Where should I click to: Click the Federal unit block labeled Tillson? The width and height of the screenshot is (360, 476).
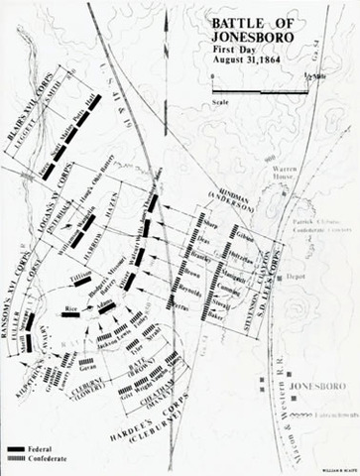coord(81,281)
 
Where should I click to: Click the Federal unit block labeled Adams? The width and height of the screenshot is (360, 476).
coord(106,306)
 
